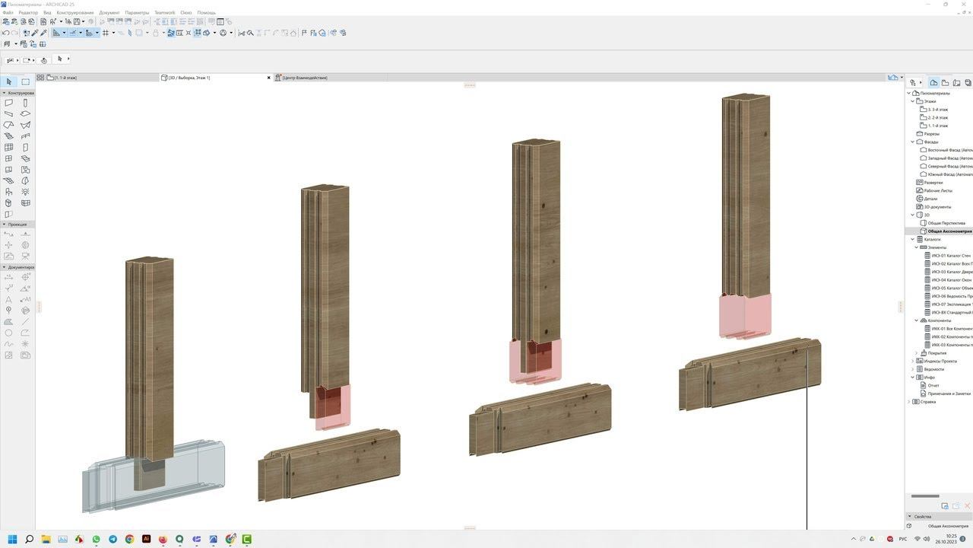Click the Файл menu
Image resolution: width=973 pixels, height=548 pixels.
point(8,13)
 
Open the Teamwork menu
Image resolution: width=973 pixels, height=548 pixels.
point(164,13)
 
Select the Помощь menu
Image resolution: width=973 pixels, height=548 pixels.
point(206,13)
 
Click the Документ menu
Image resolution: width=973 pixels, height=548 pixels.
point(109,13)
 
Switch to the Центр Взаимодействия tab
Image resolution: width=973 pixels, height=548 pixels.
point(304,78)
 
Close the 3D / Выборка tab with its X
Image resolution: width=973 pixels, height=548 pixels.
point(268,78)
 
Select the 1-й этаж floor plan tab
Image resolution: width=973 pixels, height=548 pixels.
point(65,78)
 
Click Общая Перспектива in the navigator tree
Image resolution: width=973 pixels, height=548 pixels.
point(946,223)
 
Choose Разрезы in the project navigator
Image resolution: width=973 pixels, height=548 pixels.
point(931,134)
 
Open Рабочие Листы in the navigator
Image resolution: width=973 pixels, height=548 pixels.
point(937,190)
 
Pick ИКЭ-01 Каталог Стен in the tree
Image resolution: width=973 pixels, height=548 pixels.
point(950,256)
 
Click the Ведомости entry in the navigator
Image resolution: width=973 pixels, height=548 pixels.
point(933,369)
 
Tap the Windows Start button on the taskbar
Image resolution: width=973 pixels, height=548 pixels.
point(12,539)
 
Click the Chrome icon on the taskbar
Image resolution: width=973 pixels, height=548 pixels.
point(129,539)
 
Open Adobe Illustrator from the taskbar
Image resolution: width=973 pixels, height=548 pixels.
point(146,539)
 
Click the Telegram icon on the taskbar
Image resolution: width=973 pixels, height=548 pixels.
point(113,539)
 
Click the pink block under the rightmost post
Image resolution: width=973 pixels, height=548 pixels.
point(745,316)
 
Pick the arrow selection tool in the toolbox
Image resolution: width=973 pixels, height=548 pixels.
point(8,81)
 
